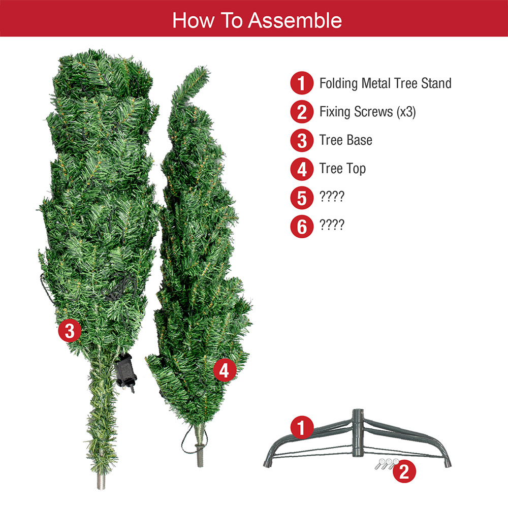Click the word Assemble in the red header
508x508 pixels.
[x=295, y=20]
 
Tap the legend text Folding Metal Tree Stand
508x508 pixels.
[x=385, y=83]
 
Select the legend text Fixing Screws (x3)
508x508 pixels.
[x=367, y=112]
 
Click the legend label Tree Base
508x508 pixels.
[x=345, y=140]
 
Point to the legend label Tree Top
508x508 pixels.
[x=342, y=169]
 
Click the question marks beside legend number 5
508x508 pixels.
[x=332, y=197]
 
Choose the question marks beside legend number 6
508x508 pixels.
[x=332, y=225]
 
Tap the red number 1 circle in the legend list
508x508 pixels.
[x=302, y=83]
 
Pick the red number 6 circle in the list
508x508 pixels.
[x=302, y=226]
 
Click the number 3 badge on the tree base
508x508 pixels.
[x=70, y=331]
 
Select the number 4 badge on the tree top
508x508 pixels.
[x=224, y=371]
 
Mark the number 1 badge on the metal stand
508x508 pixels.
[x=302, y=428]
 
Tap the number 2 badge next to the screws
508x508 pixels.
[x=404, y=471]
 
